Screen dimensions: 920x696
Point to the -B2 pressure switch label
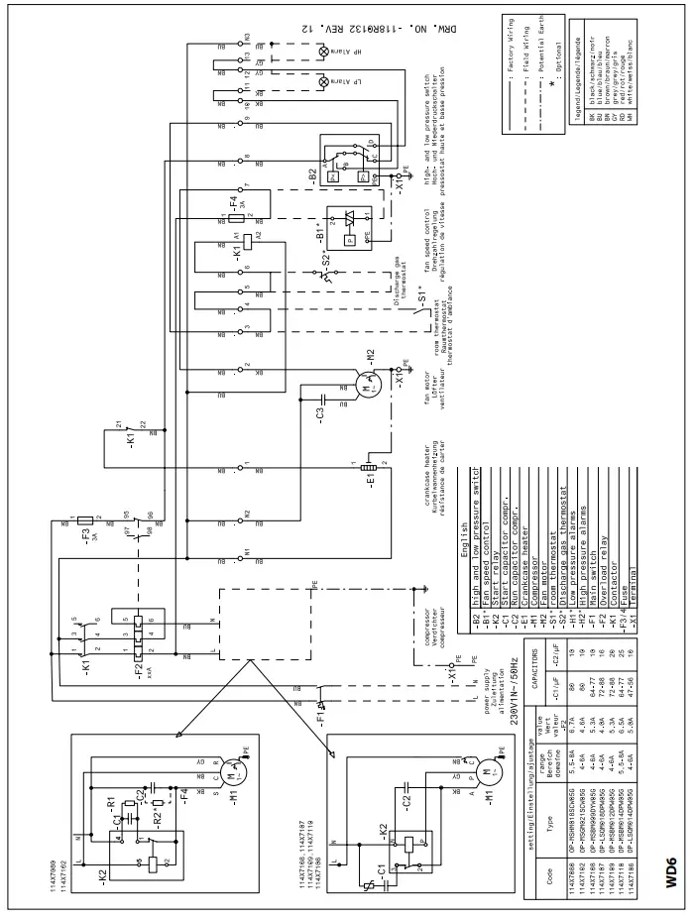[313, 173]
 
